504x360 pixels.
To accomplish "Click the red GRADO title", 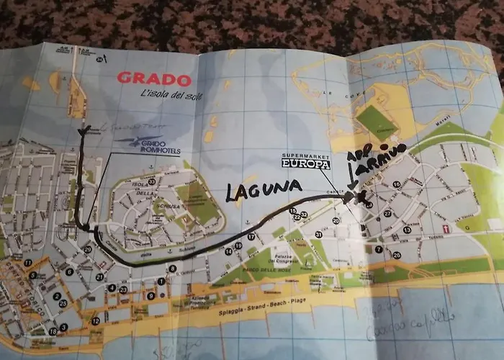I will [x=154, y=80].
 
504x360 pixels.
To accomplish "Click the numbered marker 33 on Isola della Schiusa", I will [x=152, y=180].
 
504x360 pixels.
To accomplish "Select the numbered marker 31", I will [x=318, y=235].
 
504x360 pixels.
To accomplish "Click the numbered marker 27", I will [x=387, y=214].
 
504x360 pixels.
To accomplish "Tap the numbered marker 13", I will [x=407, y=230].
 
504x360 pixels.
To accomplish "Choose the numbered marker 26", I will [x=397, y=254].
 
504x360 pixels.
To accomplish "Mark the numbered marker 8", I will [x=172, y=269].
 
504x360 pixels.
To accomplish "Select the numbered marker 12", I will [x=96, y=321].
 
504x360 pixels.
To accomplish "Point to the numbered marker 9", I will [x=150, y=295].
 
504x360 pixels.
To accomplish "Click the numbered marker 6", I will [x=69, y=272].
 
